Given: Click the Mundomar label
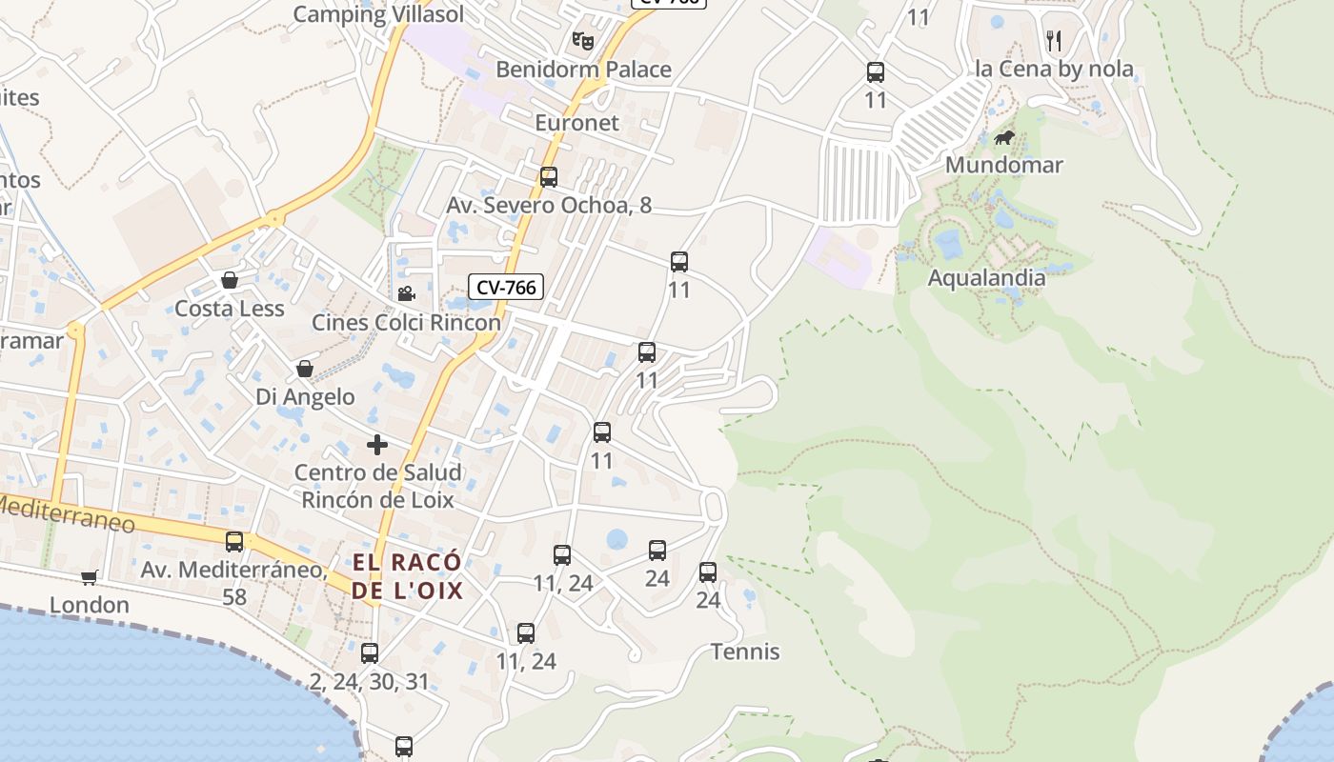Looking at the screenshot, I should tap(1003, 165).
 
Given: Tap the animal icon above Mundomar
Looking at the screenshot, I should tap(1004, 138).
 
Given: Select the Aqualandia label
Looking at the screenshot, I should tap(986, 278).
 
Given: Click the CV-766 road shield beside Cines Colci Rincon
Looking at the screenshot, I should tap(505, 287).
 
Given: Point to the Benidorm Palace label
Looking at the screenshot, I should tap(583, 70).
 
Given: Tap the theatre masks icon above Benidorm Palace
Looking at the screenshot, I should tap(582, 40).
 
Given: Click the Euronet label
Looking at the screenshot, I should tap(576, 123).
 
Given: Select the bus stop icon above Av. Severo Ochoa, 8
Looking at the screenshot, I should tap(548, 176).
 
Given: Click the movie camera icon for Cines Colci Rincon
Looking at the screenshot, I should tap(406, 293).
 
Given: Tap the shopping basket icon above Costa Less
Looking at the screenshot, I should tap(229, 280).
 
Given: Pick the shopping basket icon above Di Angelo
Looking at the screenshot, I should tap(305, 369).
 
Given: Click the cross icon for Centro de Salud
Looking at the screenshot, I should tap(377, 444).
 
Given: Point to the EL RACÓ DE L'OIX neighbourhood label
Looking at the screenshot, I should tap(407, 576).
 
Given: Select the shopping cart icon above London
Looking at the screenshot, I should tap(90, 576).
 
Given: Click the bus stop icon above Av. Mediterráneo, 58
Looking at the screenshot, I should tap(234, 541).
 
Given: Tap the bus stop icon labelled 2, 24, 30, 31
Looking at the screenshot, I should tap(370, 653).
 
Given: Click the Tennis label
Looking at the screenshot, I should tap(745, 652).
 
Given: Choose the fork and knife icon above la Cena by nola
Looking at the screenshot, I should tap(1053, 40).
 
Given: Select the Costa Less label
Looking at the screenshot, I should tap(229, 309).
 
